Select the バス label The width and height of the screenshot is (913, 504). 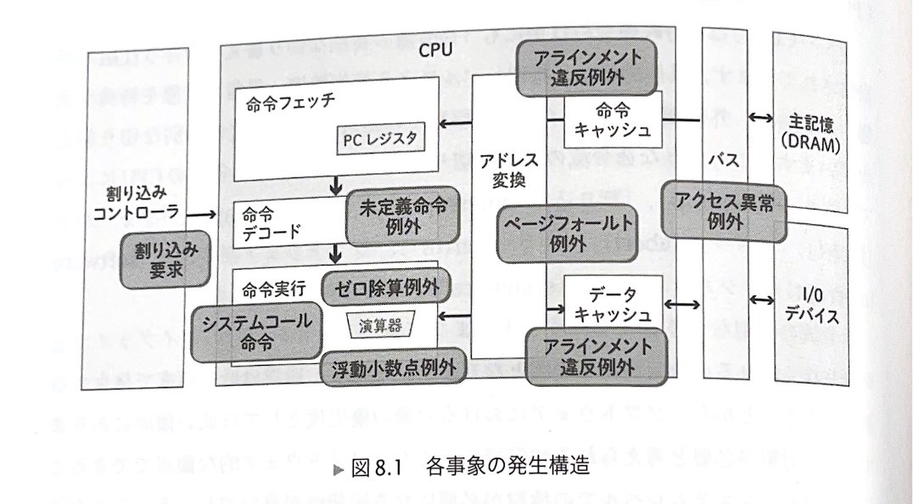pyautogui.click(x=721, y=158)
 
